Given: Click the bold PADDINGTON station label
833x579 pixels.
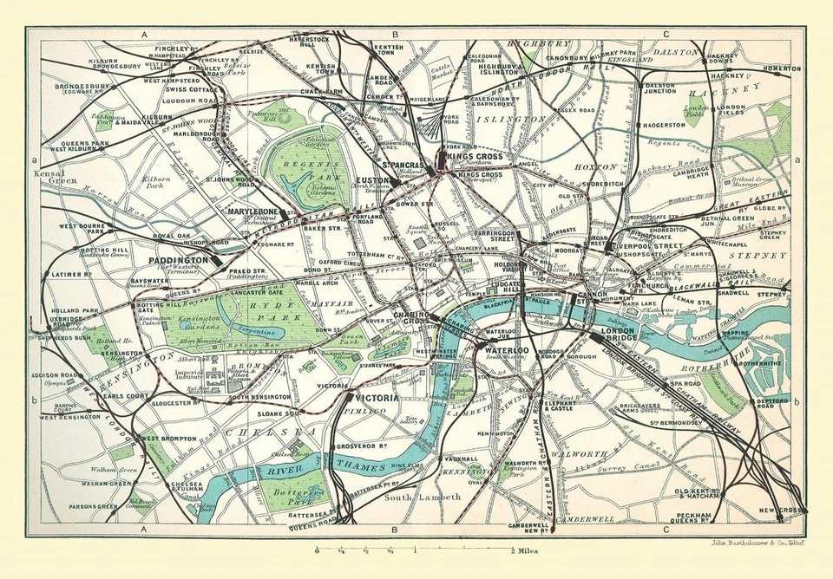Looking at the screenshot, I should coord(177,259).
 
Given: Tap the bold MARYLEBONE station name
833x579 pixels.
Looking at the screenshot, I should coord(251,211).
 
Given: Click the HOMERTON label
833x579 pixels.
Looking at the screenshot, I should coord(781,68).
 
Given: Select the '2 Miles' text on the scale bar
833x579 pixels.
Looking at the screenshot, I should coord(526,550).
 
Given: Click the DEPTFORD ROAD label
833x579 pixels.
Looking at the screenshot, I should coord(770,403).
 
